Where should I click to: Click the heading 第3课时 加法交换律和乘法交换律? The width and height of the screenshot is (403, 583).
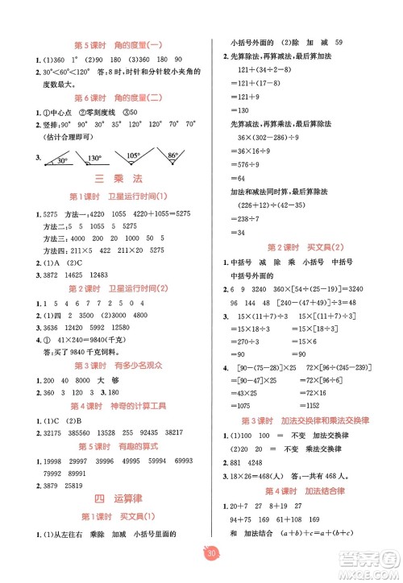(310, 421)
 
